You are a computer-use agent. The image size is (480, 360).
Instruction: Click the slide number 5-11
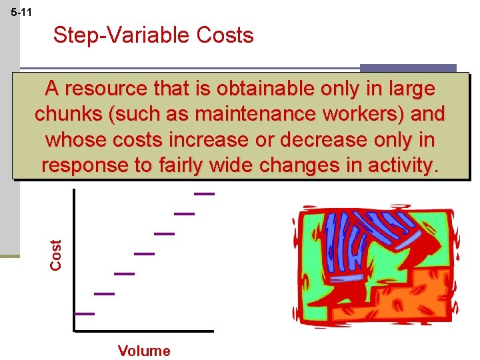click(x=21, y=12)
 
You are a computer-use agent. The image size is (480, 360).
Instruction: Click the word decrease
click(x=314, y=140)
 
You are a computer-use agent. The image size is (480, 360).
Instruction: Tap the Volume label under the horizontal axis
click(x=144, y=351)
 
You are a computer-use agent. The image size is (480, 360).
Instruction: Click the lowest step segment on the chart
click(x=85, y=313)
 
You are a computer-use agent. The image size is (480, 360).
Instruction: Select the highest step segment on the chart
click(x=205, y=194)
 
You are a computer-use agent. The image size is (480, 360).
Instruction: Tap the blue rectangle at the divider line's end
click(x=408, y=68)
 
